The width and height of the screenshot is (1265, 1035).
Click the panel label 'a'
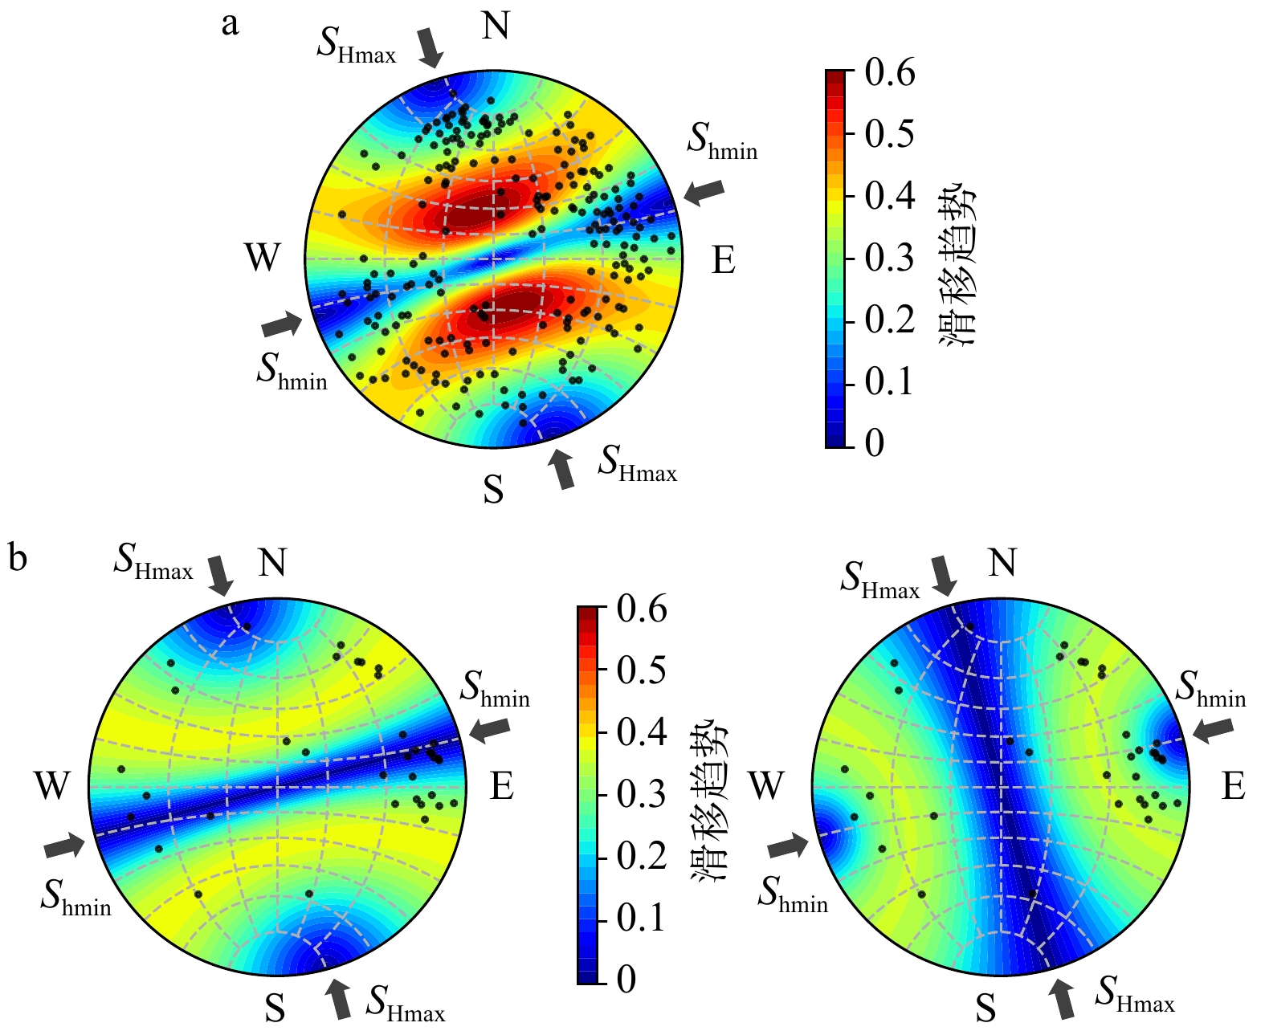[230, 25]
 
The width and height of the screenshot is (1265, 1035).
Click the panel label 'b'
[18, 557]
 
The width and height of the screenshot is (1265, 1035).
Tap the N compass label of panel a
[496, 26]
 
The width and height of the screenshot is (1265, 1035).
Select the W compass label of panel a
[263, 259]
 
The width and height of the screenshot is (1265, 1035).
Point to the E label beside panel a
[723, 260]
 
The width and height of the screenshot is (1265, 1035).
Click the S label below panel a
[493, 488]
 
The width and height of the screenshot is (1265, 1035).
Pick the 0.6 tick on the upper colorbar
[889, 73]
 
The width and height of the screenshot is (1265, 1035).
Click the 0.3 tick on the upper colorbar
[889, 258]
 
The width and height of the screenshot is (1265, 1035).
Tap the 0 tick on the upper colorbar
[875, 442]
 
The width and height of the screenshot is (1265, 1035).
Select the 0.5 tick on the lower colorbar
[641, 670]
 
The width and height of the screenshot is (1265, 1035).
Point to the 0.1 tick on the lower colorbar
[641, 917]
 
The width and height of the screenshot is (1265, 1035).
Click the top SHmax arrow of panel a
[431, 47]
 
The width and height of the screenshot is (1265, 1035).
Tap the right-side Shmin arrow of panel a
[704, 191]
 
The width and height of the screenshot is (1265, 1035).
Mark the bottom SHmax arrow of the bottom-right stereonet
[1063, 999]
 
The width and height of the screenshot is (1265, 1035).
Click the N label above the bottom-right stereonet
[1002, 563]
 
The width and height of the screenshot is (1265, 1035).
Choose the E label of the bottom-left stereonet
[502, 786]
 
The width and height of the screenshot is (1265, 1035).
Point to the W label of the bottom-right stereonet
[765, 785]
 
